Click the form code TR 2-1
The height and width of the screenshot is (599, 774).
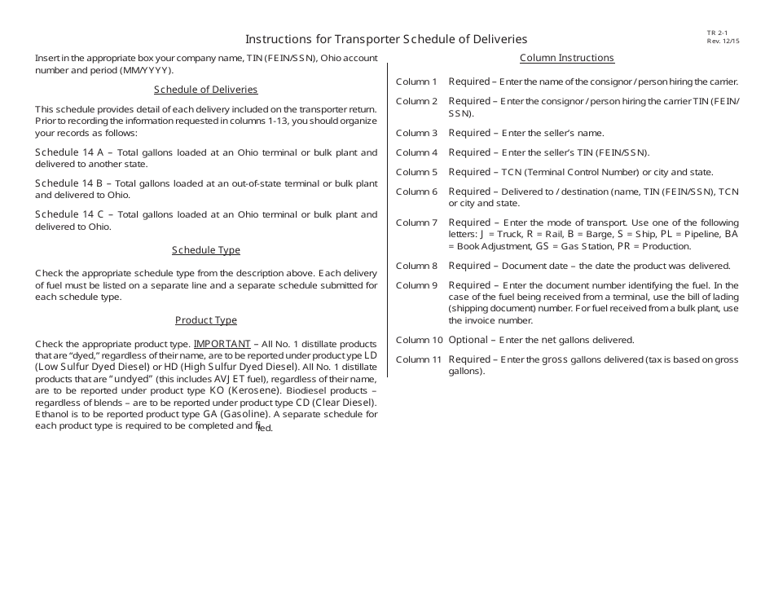coord(717,33)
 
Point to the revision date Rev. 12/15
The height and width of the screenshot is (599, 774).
coord(723,41)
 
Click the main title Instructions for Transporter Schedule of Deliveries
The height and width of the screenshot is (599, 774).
coord(386,39)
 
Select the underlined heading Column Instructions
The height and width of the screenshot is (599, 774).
coord(566,58)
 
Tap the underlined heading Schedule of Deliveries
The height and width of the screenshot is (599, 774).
coord(205,90)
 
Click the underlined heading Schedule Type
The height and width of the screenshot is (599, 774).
coord(205,250)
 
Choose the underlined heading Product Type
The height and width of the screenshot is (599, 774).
coord(205,320)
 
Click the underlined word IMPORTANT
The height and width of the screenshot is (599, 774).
coord(222,343)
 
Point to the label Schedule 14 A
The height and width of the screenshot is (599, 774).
coord(69,152)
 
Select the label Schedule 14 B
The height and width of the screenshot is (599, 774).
coord(69,183)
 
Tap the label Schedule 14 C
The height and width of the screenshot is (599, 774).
coord(69,214)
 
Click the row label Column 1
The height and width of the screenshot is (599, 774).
coord(416,81)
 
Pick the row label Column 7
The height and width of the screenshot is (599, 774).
coord(416,222)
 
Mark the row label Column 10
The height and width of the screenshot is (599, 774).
coord(419,340)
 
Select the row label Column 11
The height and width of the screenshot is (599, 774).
coord(419,359)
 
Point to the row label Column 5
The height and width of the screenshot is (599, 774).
coord(416,172)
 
